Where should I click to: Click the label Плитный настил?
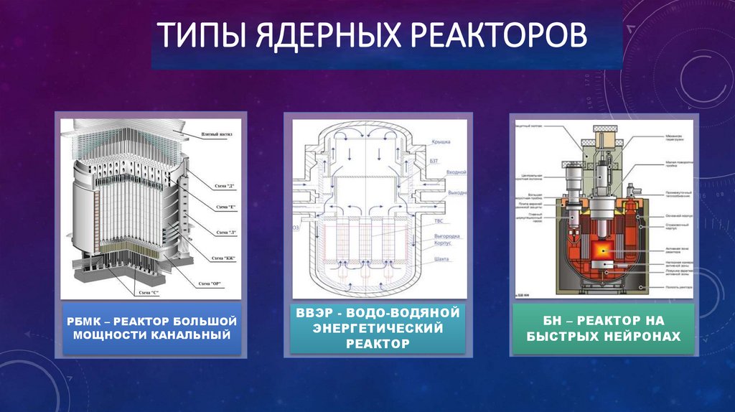pyautogui.click(x=215, y=134)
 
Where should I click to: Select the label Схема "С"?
pyautogui.click(x=150, y=293)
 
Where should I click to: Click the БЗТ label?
pyautogui.click(x=434, y=162)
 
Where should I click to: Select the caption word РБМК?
pyautogui.click(x=84, y=322)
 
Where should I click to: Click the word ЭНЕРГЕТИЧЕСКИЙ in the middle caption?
pyautogui.click(x=378, y=328)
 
